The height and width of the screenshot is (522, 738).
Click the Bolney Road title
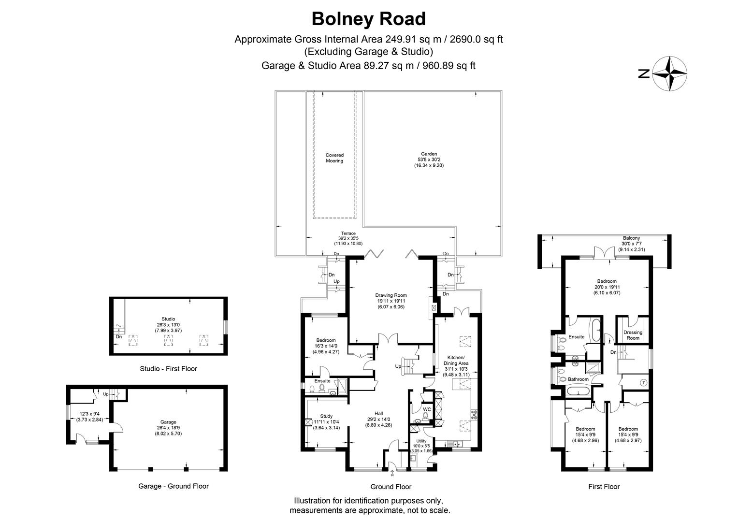point(368,19)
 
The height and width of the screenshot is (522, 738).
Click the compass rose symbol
point(669,73)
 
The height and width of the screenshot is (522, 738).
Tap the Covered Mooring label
point(334,158)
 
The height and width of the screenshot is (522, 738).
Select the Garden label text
point(428,154)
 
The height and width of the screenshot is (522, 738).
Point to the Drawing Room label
point(391,295)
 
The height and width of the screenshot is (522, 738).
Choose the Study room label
point(327,416)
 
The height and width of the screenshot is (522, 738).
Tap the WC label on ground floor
point(427,409)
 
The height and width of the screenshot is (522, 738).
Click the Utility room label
point(421,441)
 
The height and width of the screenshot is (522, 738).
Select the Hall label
point(378,414)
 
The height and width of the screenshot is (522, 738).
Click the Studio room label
point(168,319)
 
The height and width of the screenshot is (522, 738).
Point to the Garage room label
point(168,422)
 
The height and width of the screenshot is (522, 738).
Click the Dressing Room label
point(633,335)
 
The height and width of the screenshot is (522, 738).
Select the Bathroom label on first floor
point(578,379)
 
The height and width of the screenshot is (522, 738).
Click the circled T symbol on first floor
point(643,383)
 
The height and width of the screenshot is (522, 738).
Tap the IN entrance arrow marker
point(391,474)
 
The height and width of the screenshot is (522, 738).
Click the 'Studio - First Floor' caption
point(168,369)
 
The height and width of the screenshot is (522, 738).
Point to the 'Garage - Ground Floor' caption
point(174,486)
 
